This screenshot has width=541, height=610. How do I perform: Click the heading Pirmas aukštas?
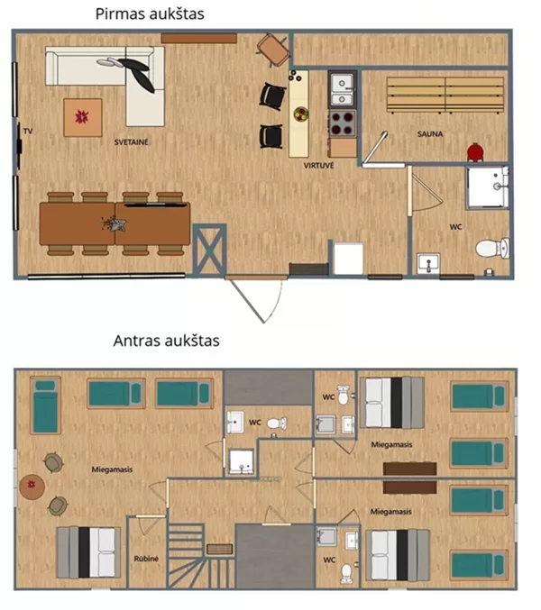point(150,14)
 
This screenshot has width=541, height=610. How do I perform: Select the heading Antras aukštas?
point(166,341)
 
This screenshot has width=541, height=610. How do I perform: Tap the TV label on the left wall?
point(28,132)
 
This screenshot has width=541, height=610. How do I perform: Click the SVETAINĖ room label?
point(131,142)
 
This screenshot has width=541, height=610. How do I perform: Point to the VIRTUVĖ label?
point(319,166)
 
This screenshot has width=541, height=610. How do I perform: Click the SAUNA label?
point(430,134)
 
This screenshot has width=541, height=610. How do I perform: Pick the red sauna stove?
point(475,151)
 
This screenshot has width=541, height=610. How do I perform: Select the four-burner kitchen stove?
point(342,123)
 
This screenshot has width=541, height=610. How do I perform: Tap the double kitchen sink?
point(342,89)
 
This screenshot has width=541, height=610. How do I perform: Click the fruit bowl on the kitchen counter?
point(301,114)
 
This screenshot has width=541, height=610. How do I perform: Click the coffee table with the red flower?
point(83,117)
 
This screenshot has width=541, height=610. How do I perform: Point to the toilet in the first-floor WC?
point(492,248)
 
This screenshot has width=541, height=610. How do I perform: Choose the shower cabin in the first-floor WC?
point(488,187)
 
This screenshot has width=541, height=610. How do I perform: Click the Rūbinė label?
point(146,559)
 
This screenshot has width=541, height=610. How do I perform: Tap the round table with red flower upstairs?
point(32,487)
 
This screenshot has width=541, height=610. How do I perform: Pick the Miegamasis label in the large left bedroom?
point(112,469)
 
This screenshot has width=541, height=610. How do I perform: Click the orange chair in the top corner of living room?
point(273,50)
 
